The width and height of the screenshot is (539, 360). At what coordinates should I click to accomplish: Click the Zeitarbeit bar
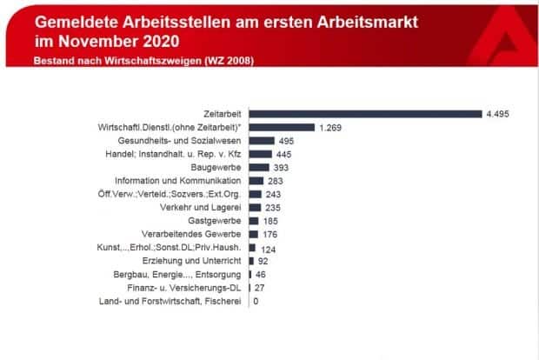tap(365, 113)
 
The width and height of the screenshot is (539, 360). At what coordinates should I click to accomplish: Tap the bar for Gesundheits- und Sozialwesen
tap(262, 140)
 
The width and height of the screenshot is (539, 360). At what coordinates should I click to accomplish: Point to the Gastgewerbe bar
tap(255, 221)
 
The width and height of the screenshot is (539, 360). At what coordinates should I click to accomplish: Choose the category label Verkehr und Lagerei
tap(204, 207)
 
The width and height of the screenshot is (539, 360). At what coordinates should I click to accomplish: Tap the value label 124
tap(269, 249)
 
